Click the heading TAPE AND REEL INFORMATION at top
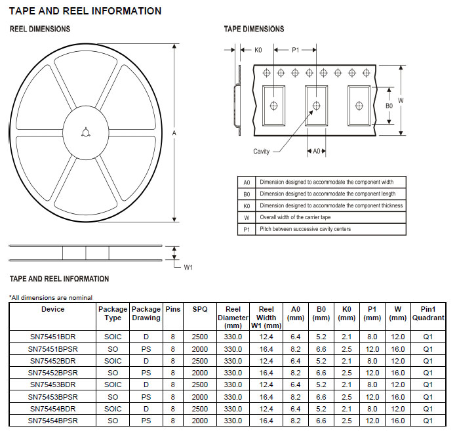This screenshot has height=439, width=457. click(x=85, y=11)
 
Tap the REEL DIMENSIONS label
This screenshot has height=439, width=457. click(x=39, y=30)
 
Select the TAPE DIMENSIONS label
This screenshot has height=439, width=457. click(x=254, y=29)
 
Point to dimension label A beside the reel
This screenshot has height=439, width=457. click(x=174, y=133)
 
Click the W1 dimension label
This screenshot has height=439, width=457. click(x=188, y=267)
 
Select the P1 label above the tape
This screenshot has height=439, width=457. click(x=296, y=50)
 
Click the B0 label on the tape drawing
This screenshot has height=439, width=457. click(x=389, y=105)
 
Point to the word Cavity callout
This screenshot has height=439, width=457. click(x=262, y=152)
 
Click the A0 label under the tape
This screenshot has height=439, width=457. click(x=316, y=152)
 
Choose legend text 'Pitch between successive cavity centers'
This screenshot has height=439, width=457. click(x=305, y=229)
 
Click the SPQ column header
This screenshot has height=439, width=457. click(x=199, y=309)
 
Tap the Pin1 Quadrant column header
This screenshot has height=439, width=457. click(x=427, y=314)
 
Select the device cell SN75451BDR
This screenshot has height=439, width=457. click(x=52, y=337)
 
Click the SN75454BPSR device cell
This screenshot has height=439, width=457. click(x=52, y=420)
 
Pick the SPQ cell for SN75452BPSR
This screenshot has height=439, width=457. click(x=199, y=373)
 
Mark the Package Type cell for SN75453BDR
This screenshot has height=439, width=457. click(x=113, y=385)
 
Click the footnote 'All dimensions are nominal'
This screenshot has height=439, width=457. click(x=51, y=297)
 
